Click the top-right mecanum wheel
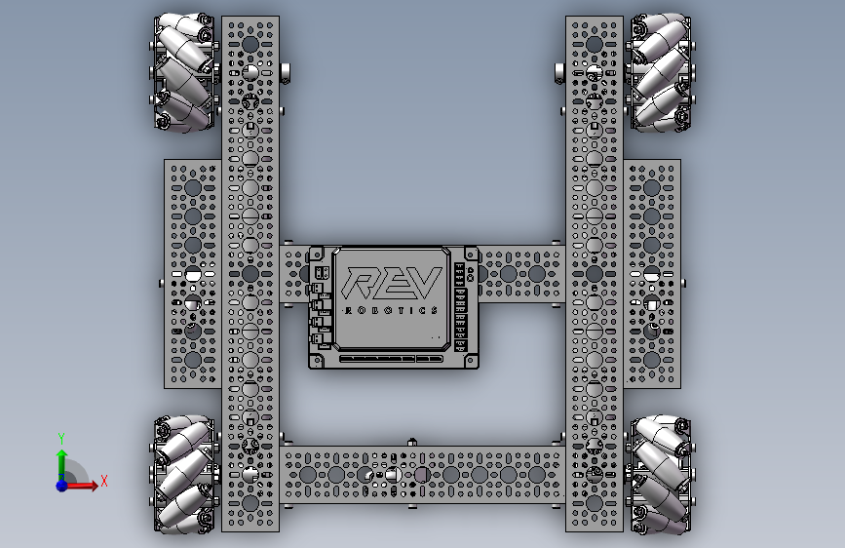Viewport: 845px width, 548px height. coord(659,72)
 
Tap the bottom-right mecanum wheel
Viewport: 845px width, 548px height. coord(659,475)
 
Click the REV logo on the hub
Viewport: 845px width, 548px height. coord(393,283)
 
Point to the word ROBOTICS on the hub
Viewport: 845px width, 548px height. coord(391,310)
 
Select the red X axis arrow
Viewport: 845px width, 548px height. coord(81,486)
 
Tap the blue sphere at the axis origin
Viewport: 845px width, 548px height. coord(62,486)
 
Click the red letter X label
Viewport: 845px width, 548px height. coord(104,481)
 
